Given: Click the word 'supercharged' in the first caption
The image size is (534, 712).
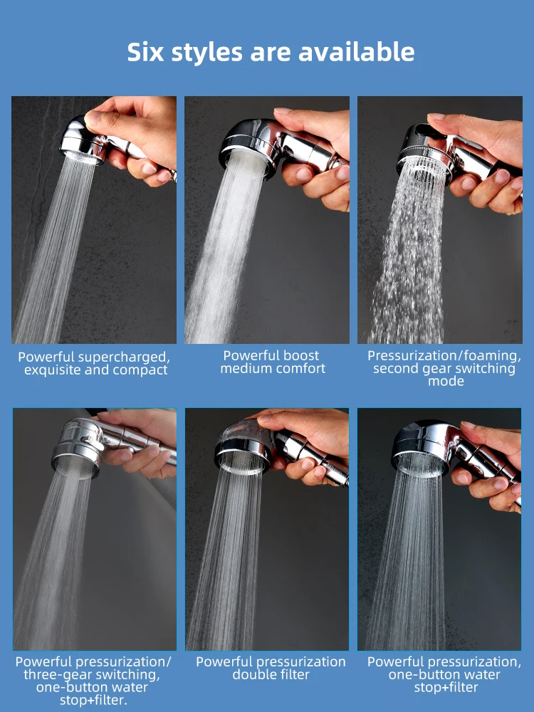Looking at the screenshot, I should coord(124,357).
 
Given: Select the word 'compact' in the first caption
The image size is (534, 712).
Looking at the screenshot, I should coord(145,370).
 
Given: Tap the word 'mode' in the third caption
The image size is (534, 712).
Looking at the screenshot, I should coord(446,381).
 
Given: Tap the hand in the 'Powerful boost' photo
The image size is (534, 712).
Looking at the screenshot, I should coord(317,150).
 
